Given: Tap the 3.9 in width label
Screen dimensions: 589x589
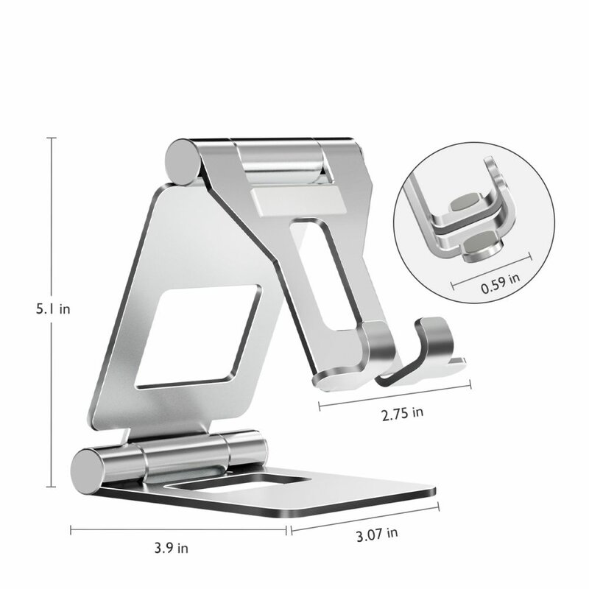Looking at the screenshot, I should click(x=172, y=548).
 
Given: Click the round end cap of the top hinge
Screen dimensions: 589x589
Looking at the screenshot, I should click(x=180, y=160).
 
